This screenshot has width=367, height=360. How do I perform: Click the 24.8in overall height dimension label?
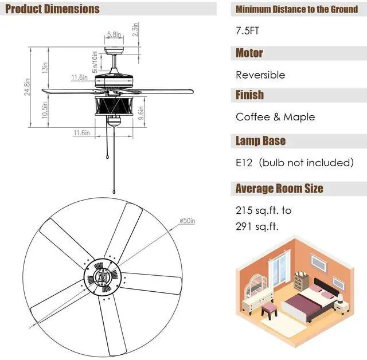[x=28, y=87]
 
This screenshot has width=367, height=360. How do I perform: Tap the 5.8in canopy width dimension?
[x=114, y=34]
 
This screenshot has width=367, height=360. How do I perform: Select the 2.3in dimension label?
[x=135, y=29]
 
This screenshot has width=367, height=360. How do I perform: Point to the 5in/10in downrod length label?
[x=95, y=62]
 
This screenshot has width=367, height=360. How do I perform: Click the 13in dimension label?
[x=45, y=68]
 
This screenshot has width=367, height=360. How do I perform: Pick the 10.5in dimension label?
[x=45, y=110]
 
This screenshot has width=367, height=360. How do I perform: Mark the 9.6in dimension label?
[x=141, y=113]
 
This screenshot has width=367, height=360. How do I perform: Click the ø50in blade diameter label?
[x=188, y=221]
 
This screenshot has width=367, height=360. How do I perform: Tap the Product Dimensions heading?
[x=52, y=9]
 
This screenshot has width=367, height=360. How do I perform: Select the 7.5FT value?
[x=247, y=31]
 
